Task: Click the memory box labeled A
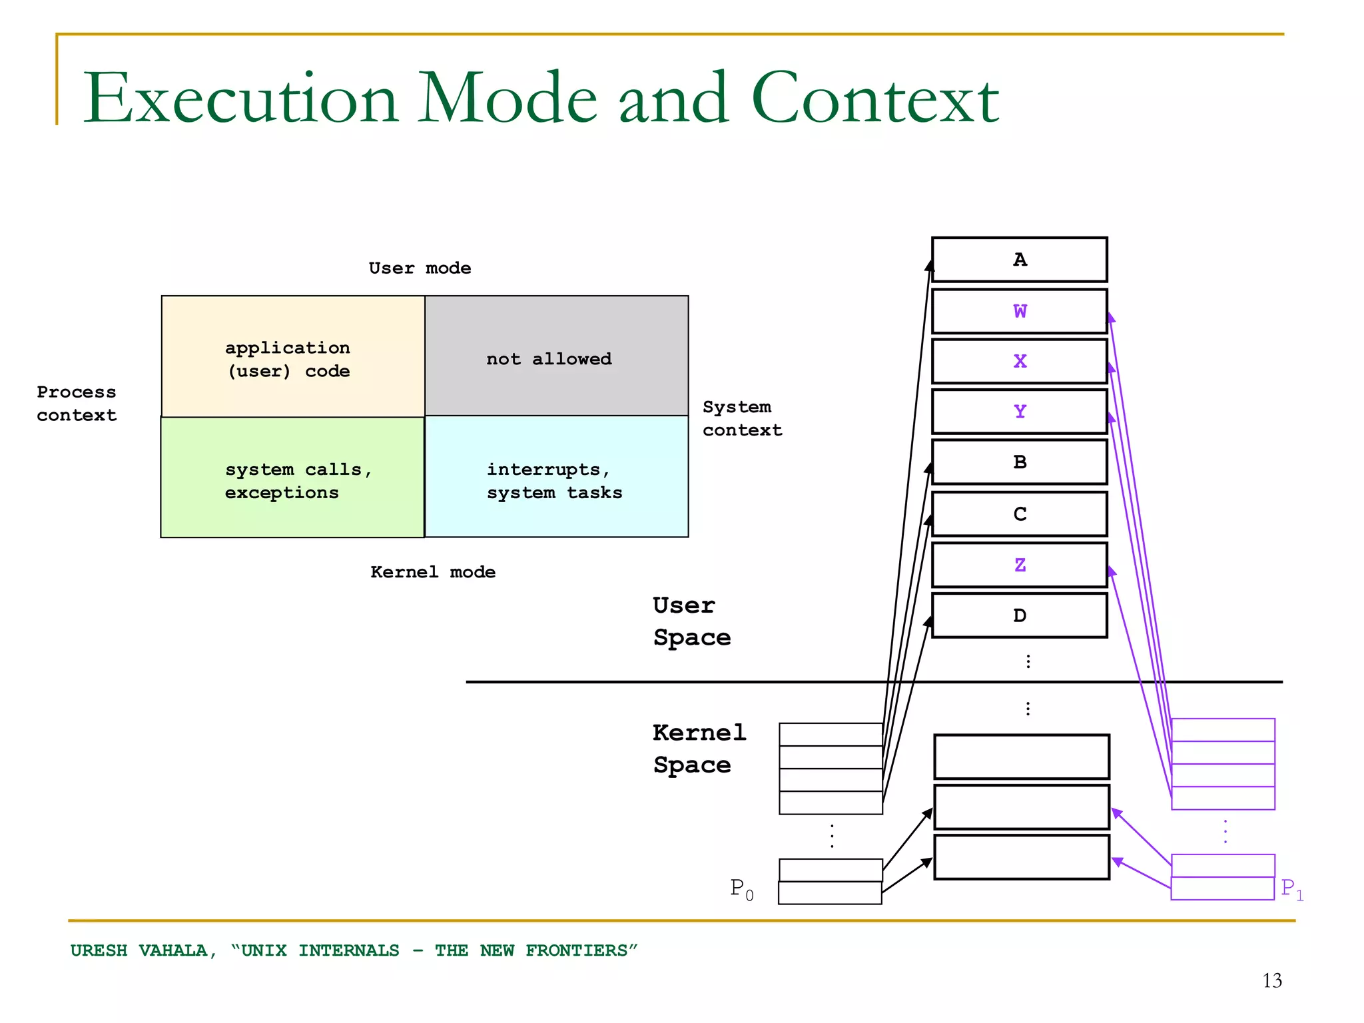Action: [1019, 260]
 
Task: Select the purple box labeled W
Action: [1019, 311]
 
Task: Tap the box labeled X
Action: [1019, 362]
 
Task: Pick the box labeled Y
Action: [1019, 412]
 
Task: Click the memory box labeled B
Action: [1019, 462]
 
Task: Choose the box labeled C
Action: [1019, 513]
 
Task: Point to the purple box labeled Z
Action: [1019, 565]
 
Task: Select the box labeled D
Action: [1019, 615]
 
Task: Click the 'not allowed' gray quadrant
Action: [556, 356]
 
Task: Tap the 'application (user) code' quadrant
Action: [293, 358]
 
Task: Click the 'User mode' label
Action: [420, 268]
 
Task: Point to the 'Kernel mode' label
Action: [433, 572]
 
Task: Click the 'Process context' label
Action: [77, 404]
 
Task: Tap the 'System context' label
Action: [742, 418]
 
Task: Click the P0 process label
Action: [741, 889]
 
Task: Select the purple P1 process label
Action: [1291, 889]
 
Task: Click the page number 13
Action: [1271, 980]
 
